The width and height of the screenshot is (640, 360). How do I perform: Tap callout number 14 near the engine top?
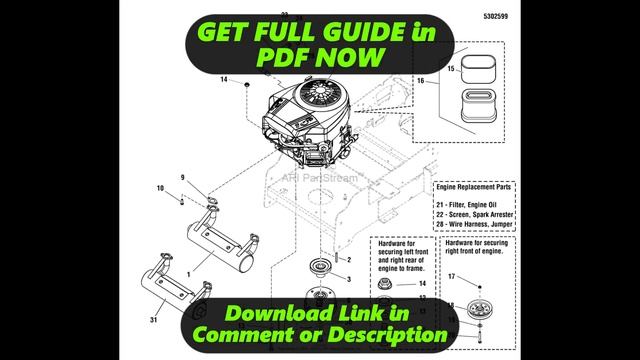(x=224, y=79)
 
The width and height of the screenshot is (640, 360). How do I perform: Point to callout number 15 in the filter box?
(x=451, y=69)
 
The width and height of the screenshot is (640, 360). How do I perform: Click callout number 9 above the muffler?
(x=183, y=178)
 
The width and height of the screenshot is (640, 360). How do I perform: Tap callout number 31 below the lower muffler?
(x=151, y=319)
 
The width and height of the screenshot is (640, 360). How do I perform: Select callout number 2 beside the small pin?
(x=349, y=260)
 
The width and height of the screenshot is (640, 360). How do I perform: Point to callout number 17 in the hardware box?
(x=451, y=276)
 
